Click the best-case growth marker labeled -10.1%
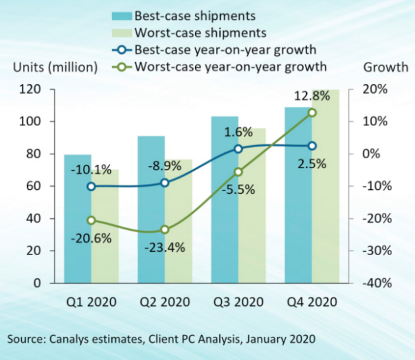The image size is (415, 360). tap(91, 187)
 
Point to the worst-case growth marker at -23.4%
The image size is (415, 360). tap(165, 229)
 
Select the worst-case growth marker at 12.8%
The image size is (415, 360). tap(312, 113)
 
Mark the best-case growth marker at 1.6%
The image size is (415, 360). tap(238, 149)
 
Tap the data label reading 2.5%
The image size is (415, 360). tap(312, 164)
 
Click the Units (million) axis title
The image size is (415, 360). tap(55, 67)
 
